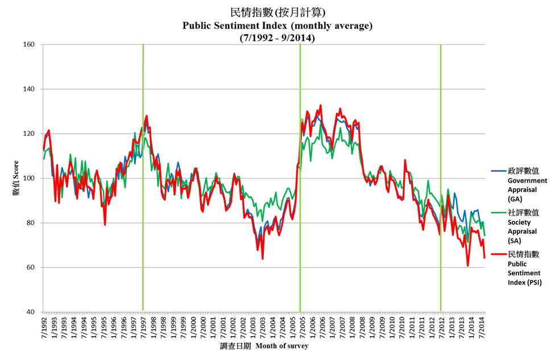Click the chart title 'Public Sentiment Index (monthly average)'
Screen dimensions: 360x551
[277, 25]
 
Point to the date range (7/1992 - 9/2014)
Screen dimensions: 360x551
[277, 38]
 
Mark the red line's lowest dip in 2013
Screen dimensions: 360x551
[468, 265]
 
